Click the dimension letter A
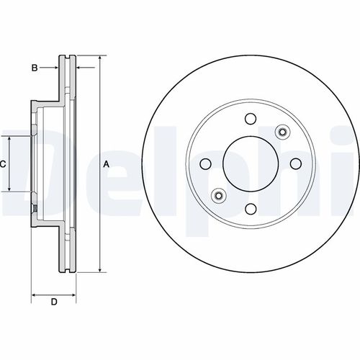(x=107, y=164)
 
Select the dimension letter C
(x=3, y=164)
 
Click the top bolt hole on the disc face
(x=251, y=120)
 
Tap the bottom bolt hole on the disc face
(x=251, y=209)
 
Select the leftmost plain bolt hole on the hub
(x=206, y=164)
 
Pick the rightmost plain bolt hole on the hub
(x=295, y=164)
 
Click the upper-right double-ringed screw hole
(x=282, y=132)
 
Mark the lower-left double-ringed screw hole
(x=219, y=196)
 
